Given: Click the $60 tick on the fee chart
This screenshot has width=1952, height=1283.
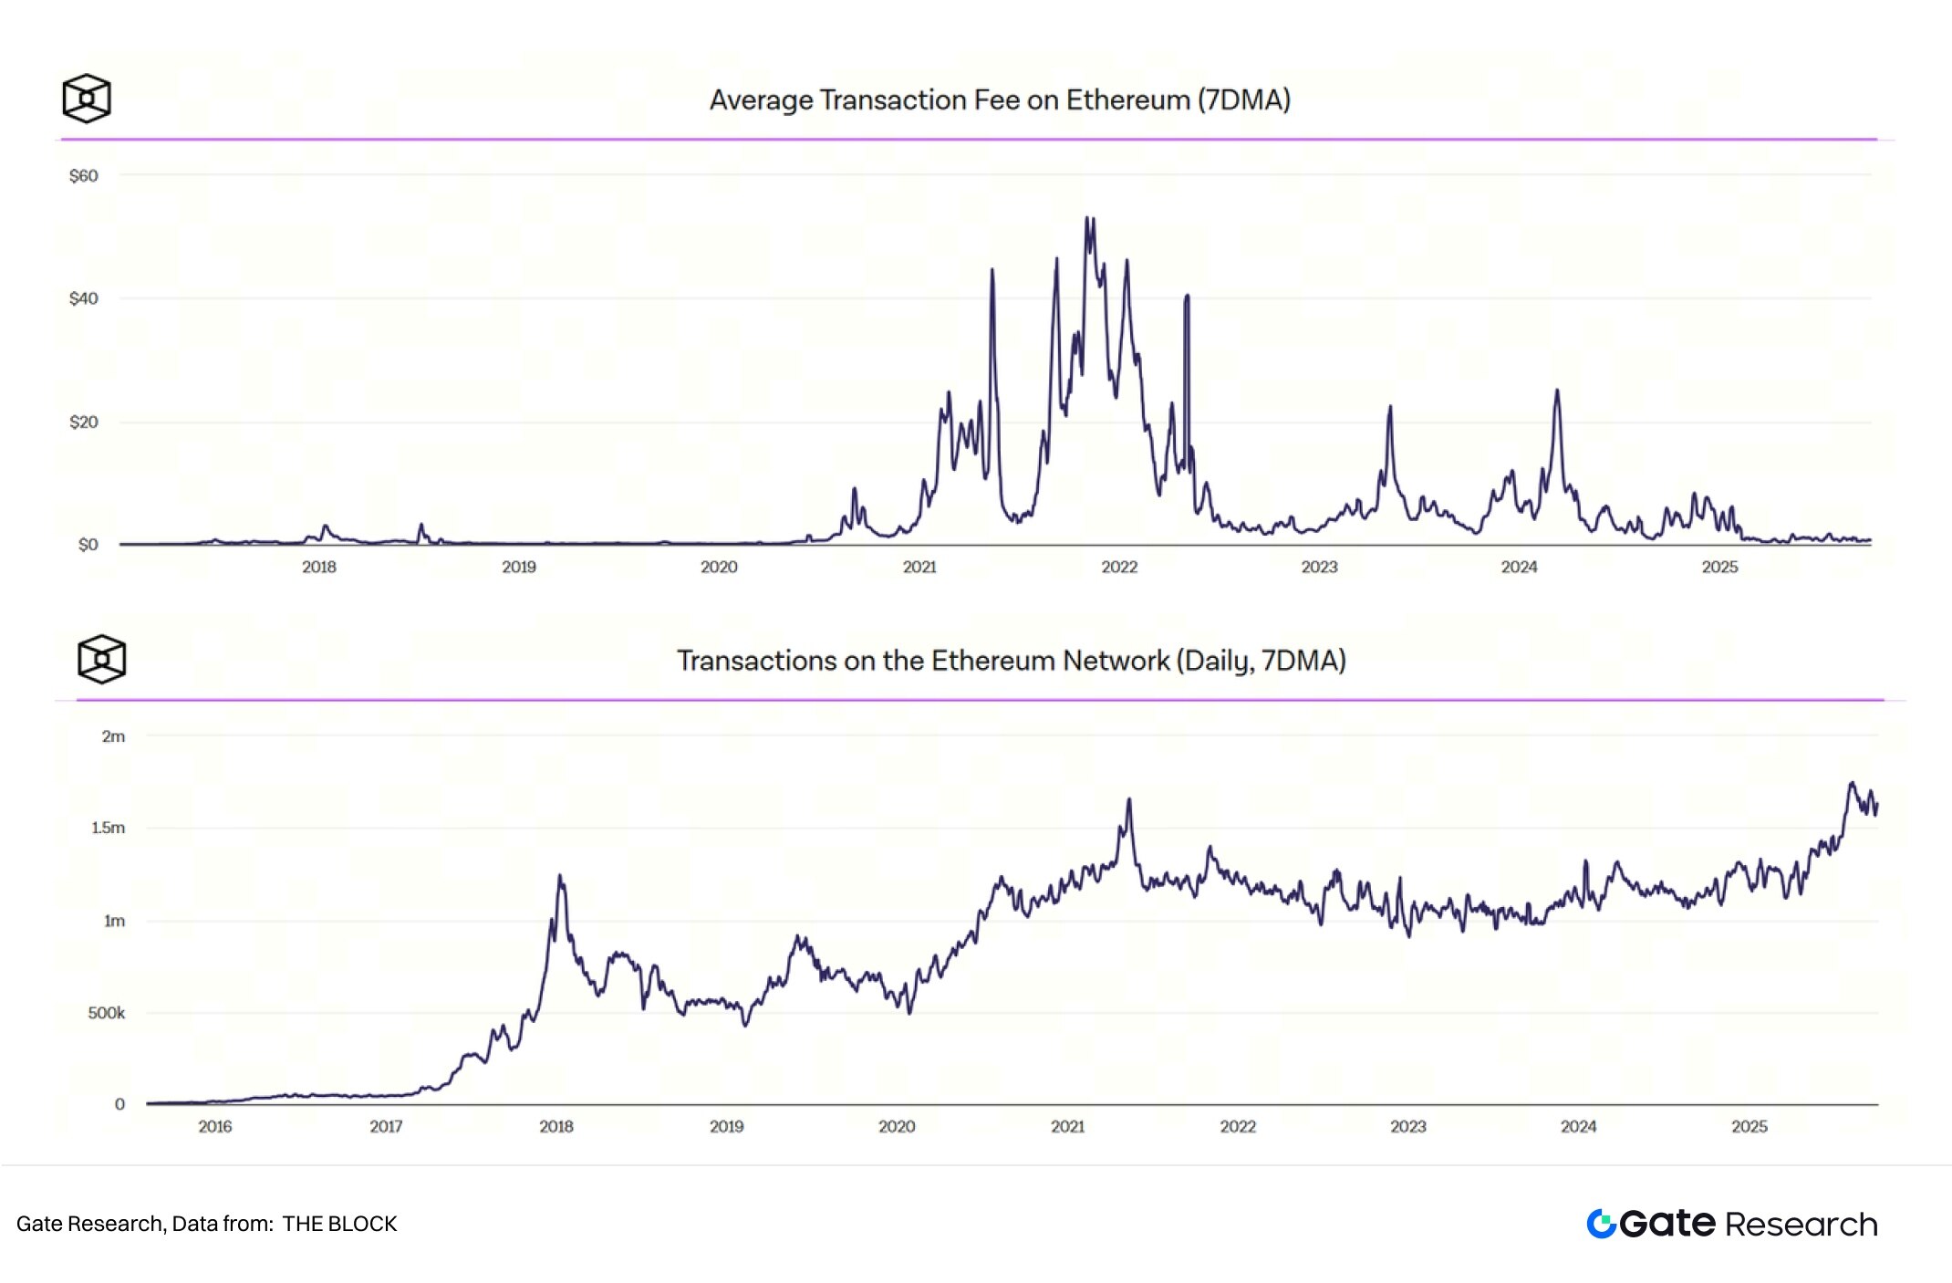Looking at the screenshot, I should [x=84, y=175].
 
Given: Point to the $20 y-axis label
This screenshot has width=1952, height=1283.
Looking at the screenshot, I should [x=84, y=422].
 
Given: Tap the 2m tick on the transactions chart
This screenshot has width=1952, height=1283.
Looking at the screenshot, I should [x=113, y=736].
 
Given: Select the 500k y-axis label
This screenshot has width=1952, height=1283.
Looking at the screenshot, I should [x=107, y=1013].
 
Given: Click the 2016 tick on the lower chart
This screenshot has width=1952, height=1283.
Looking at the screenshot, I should [x=215, y=1127].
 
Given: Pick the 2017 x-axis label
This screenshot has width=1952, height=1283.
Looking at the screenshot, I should [x=386, y=1127].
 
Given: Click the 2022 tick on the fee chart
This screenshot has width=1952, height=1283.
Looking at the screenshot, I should [x=1119, y=567].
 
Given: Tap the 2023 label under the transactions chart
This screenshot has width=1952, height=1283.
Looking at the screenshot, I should [x=1408, y=1127].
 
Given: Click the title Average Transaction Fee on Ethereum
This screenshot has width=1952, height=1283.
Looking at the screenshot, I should [x=1000, y=99].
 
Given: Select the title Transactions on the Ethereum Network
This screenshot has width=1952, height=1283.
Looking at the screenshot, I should [x=1011, y=660].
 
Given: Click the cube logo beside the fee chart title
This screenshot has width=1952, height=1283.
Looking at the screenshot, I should [x=87, y=99].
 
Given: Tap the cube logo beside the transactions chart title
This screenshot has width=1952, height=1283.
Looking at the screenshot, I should [x=101, y=659].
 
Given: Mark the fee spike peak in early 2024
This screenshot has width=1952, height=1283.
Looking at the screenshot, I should [x=1557, y=391].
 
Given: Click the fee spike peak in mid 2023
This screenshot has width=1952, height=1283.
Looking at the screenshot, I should [x=1390, y=407].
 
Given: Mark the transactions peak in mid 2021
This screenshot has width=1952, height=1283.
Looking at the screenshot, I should [x=1129, y=799].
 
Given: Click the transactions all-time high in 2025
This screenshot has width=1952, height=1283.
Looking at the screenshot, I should [x=1852, y=783].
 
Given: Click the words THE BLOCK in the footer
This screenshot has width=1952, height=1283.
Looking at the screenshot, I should [x=339, y=1224].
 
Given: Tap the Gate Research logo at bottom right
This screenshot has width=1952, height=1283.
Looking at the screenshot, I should [x=1731, y=1224].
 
